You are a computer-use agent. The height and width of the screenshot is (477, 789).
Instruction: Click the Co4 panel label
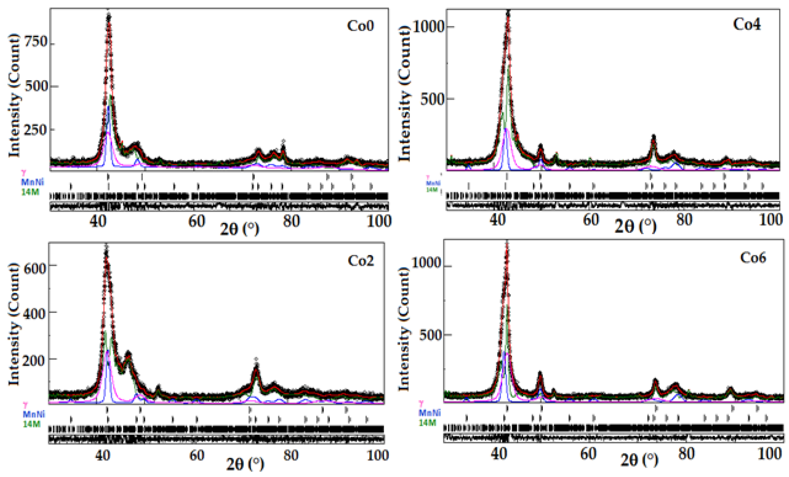point(747,24)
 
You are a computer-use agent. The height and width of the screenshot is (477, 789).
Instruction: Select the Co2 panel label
point(361,261)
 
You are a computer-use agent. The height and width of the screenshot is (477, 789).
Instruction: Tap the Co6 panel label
point(753,258)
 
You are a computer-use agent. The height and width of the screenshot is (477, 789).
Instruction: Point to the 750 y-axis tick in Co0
point(36,42)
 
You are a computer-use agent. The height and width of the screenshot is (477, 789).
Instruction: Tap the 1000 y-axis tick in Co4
point(428,27)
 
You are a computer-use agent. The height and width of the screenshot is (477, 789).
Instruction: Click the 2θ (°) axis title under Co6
point(639,460)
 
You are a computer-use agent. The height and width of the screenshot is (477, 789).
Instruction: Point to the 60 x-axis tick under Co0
point(196,221)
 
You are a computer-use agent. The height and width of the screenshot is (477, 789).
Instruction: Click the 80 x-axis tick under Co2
point(291,455)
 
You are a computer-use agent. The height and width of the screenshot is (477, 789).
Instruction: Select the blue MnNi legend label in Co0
point(33,182)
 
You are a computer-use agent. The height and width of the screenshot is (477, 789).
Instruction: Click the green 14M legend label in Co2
point(31,424)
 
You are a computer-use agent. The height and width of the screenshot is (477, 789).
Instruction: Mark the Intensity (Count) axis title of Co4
point(405,94)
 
